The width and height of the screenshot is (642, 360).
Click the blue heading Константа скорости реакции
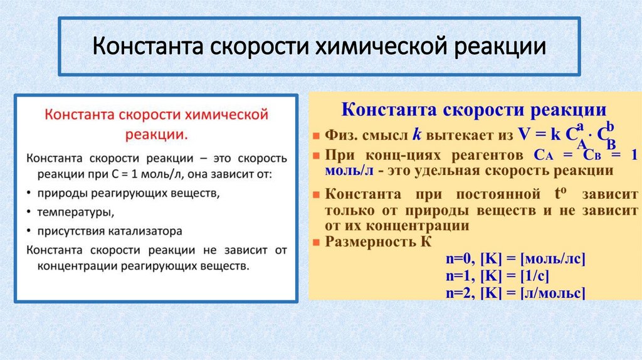[x=473, y=110]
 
